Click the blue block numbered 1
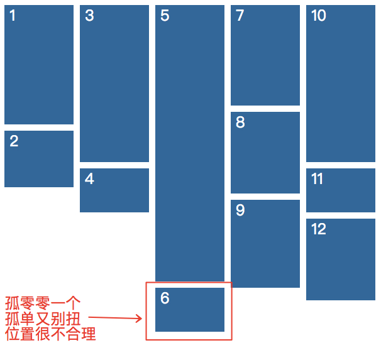coord(39,65)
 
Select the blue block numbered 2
coord(39,159)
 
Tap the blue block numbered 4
coord(114,190)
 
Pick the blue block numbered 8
coord(265,153)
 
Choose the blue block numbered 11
coord(341,190)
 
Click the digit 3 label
coord(89,16)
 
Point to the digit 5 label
coord(165,16)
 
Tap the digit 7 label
coord(240,16)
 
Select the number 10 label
coord(319,16)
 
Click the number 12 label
coord(319,229)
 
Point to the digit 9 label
coord(240,210)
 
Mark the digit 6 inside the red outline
coord(165,298)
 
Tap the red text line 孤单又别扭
coord(43,318)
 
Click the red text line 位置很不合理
coord(50,334)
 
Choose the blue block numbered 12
coord(341,259)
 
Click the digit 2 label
coord(14,141)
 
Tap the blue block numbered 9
coord(265,244)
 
